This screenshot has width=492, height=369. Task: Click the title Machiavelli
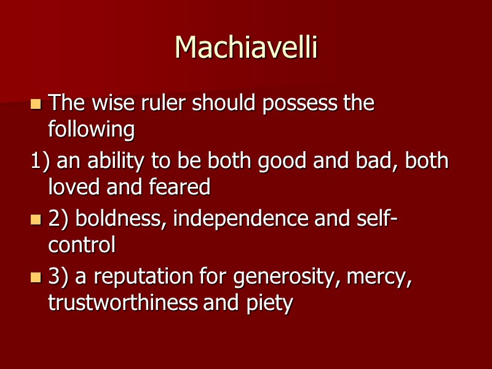point(246,47)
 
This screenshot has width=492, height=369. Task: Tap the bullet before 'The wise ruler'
point(36,104)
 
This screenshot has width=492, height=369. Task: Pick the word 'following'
point(91,130)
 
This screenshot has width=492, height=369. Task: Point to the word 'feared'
point(180,187)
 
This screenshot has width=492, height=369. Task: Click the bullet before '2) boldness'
point(36,220)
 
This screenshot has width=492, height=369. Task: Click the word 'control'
point(82,245)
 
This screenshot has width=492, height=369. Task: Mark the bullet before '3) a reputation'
point(36,278)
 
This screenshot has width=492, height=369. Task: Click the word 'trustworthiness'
point(123,303)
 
